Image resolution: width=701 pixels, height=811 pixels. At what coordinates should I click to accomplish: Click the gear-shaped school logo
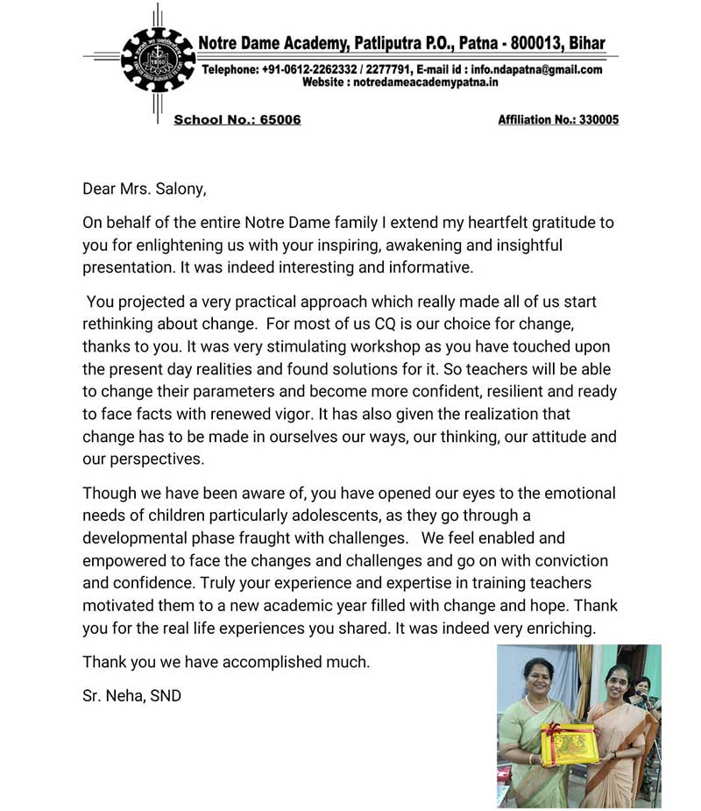157,60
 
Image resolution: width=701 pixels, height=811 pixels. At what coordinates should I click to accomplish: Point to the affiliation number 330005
596,119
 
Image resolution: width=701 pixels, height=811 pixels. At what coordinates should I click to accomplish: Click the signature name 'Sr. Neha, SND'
131,697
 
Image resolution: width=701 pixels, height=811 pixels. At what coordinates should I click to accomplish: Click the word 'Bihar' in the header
585,43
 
